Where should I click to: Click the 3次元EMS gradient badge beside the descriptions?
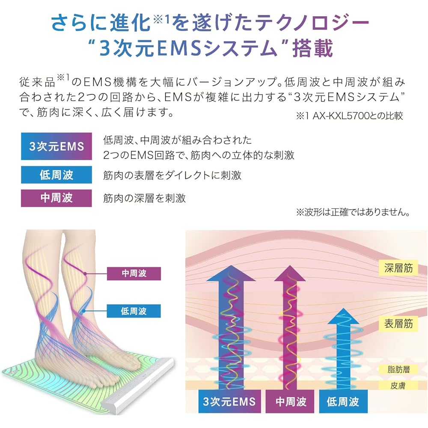pyautogui.click(x=56, y=146)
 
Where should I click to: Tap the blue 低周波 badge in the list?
pyautogui.click(x=56, y=175)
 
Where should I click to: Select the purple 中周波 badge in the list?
pyautogui.click(x=56, y=198)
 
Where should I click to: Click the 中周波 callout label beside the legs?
pyautogui.click(x=134, y=273)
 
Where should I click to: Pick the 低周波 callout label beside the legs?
pyautogui.click(x=134, y=311)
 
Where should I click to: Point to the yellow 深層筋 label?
pyautogui.click(x=398, y=268)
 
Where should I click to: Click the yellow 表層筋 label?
pyautogui.click(x=398, y=324)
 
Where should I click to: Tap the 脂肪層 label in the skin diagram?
pyautogui.click(x=398, y=369)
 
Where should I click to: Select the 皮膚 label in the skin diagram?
pyautogui.click(x=398, y=386)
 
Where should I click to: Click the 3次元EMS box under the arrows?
pyautogui.click(x=229, y=401)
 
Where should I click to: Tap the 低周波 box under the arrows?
pyautogui.click(x=342, y=401)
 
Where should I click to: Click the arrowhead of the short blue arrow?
pyautogui.click(x=343, y=317)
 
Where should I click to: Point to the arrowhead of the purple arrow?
pyautogui.click(x=290, y=273)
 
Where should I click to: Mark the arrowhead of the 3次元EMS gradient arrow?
pyautogui.click(x=231, y=273)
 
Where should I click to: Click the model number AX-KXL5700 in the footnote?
pyautogui.click(x=341, y=116)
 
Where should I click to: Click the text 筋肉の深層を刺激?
pyautogui.click(x=144, y=198)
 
